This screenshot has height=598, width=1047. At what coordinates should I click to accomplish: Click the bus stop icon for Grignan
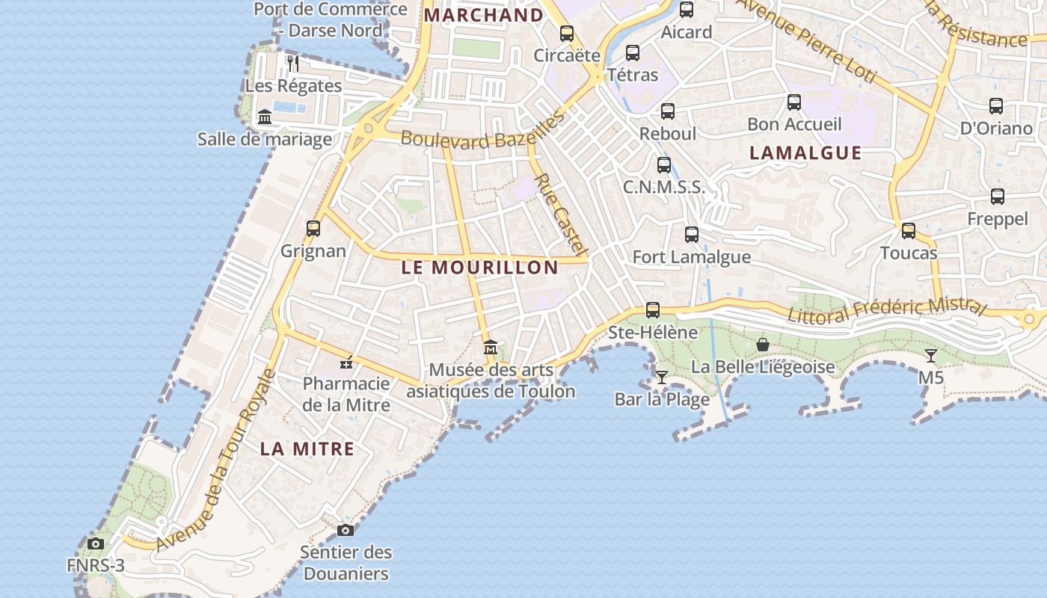[313, 229]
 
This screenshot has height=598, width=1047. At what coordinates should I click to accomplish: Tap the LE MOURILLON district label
[479, 268]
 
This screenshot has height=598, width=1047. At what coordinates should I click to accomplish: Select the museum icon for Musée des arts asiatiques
[491, 348]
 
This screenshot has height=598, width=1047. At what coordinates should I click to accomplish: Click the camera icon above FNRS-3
[96, 543]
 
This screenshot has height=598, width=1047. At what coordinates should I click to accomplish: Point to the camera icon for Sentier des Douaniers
[345, 530]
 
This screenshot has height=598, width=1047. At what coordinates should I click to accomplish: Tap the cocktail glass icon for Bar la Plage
[661, 377]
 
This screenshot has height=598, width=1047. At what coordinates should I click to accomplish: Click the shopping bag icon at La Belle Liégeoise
[763, 345]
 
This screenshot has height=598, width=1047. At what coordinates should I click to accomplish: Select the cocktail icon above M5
[930, 355]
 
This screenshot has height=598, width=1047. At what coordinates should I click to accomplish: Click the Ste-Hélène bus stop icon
[653, 309]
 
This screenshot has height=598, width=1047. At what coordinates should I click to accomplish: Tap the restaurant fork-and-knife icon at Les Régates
[293, 64]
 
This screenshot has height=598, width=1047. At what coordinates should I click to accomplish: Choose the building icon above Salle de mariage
[265, 117]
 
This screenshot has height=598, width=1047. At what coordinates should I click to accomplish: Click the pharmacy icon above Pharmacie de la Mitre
[346, 363]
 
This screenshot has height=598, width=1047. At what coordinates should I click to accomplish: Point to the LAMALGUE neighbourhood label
[805, 153]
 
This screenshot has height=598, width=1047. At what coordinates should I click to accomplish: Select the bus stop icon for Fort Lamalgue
[692, 235]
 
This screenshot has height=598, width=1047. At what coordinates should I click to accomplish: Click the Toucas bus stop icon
[909, 231]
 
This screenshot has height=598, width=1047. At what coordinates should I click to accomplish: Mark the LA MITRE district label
[307, 449]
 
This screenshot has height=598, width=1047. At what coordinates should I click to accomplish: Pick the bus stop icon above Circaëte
[567, 34]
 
